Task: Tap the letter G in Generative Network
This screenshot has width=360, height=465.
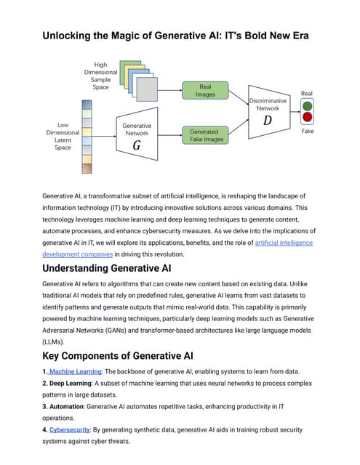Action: pyautogui.click(x=136, y=146)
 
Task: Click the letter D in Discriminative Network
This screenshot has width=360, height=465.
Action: pyautogui.click(x=268, y=120)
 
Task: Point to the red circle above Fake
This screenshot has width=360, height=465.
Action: pyautogui.click(x=307, y=118)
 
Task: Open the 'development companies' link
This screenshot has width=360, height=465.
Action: pyautogui.click(x=77, y=254)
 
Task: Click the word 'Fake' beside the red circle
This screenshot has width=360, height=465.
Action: pyautogui.click(x=307, y=132)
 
